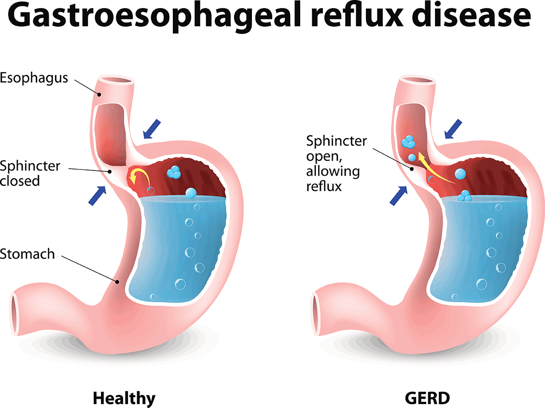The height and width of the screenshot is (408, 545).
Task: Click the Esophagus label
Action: click(34, 77)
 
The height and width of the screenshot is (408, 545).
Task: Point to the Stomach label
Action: click(28, 253)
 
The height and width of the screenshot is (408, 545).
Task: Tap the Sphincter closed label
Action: click(30, 173)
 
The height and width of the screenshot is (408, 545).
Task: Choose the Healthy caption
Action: click(124, 398)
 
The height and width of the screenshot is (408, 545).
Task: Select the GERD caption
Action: click(428, 398)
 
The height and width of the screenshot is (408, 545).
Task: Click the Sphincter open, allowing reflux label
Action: click(336, 163)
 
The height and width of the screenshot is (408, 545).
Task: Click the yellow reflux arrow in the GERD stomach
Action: click(434, 169)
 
